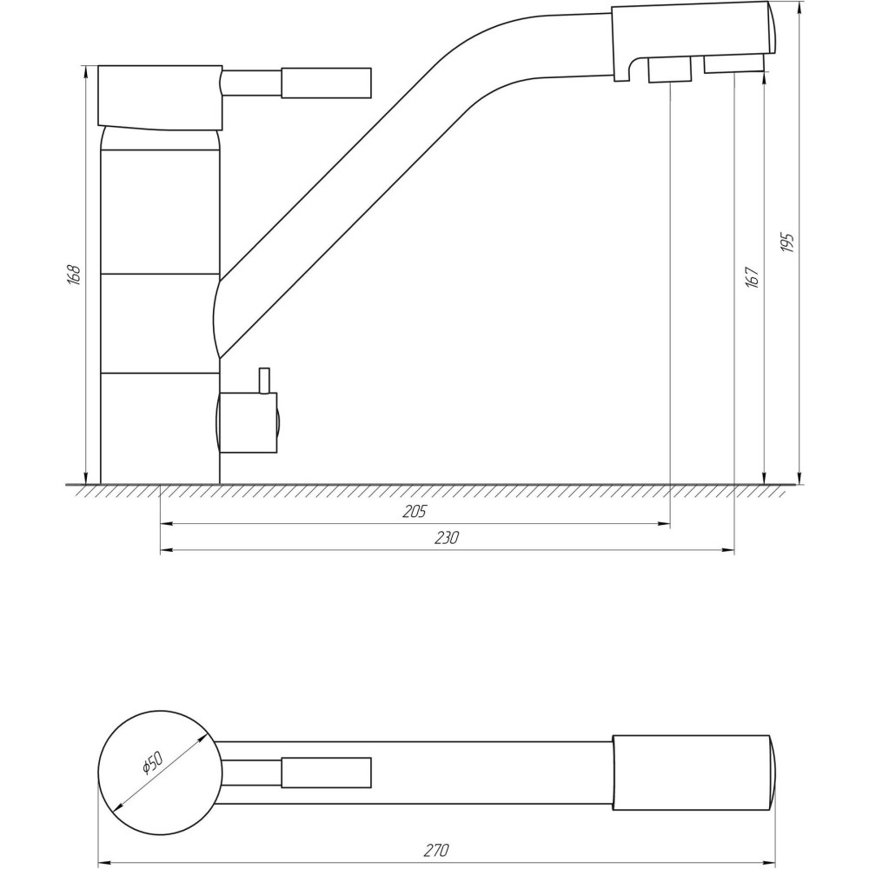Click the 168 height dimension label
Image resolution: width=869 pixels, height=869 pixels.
(x=75, y=275)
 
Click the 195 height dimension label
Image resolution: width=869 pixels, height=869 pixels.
(x=788, y=242)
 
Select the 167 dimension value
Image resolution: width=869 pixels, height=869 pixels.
(x=753, y=276)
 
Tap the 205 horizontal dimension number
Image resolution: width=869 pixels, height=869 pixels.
(x=415, y=512)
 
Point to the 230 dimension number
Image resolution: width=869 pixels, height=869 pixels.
(x=447, y=538)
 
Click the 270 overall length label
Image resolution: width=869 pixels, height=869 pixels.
(x=436, y=849)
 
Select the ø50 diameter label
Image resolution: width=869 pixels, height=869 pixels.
(x=151, y=764)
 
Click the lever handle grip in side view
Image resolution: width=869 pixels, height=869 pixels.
(x=326, y=83)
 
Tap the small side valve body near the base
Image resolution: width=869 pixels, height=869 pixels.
(x=248, y=422)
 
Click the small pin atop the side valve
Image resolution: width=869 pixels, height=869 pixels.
(x=264, y=381)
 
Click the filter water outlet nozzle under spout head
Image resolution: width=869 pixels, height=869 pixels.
(x=670, y=70)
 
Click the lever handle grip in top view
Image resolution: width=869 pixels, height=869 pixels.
(x=326, y=773)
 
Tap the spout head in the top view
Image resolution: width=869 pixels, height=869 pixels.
(x=692, y=773)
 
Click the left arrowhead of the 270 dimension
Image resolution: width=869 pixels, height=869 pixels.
(x=103, y=861)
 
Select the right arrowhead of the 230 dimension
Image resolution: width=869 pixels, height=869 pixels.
(x=729, y=550)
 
